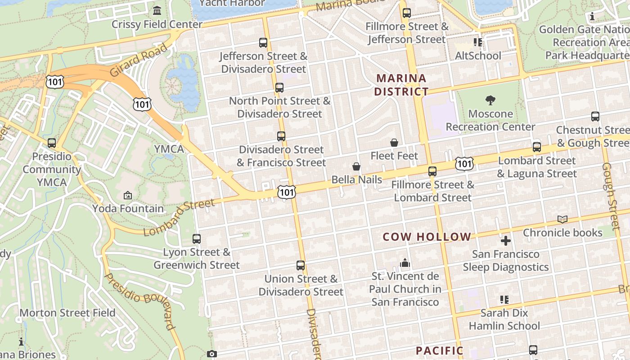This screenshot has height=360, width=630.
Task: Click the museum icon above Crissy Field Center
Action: tap(157, 10)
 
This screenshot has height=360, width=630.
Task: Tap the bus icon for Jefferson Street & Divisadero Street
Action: tap(263, 43)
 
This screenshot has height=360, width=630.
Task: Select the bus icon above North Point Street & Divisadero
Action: tap(279, 87)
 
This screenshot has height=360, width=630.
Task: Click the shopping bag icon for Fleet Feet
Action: tap(394, 143)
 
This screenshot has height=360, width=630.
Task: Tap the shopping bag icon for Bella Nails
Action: tap(356, 166)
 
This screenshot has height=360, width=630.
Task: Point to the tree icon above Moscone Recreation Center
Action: tap(490, 100)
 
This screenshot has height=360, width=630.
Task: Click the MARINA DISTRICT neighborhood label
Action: tap(401, 85)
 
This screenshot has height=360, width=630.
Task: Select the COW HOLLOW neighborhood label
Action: tap(427, 237)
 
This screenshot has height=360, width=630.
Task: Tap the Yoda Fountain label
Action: tap(128, 208)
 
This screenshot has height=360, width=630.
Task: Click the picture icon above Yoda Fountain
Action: tap(128, 195)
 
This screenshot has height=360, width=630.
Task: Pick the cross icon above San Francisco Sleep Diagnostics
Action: tap(506, 241)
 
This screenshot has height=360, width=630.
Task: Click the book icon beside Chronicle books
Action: tap(562, 219)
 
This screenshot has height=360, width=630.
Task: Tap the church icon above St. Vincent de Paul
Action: tap(405, 262)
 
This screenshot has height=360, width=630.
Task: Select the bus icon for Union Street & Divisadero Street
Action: tap(301, 265)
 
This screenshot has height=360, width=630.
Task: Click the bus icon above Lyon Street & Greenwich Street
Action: tap(197, 239)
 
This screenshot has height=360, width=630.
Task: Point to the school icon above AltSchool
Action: tap(478, 42)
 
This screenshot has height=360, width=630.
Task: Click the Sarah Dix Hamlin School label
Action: tap(504, 319)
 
